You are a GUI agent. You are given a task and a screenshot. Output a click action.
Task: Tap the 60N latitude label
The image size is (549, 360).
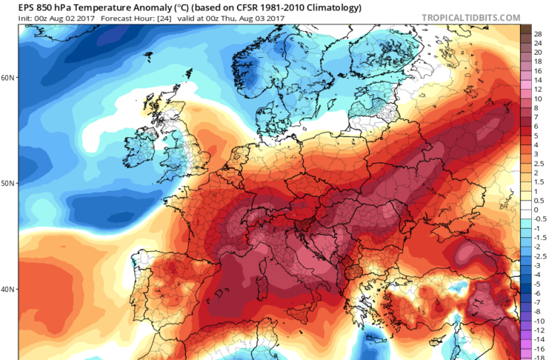coord(8,77)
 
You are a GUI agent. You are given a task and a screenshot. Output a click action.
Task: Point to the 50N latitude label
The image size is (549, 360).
coord(8,183)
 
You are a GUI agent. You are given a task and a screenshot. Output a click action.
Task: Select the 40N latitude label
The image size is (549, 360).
coord(8,289)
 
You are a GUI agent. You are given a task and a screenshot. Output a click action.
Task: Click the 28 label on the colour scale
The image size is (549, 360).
coord(538,33)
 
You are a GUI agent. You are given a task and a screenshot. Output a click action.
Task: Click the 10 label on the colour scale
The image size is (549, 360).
coord(538,99)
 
